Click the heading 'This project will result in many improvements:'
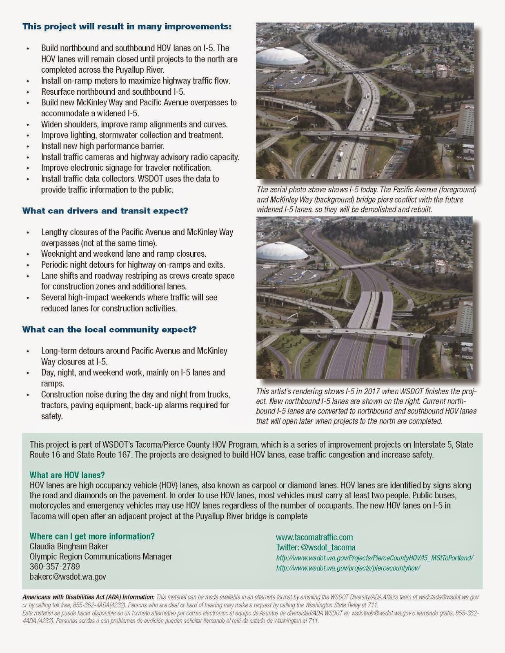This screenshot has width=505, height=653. tap(127, 27)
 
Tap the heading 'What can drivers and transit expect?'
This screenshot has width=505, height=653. tap(105, 211)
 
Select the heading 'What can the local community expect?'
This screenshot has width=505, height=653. tap(109, 329)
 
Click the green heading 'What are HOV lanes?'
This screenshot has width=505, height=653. tap(67, 475)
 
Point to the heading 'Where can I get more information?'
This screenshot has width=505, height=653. tap(92, 536)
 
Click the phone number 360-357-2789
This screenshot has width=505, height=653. tap(55, 566)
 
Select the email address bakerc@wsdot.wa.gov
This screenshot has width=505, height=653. tap(68, 577)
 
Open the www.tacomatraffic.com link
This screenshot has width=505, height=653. tap(314, 537)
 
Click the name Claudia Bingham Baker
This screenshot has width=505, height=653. tap(69, 546)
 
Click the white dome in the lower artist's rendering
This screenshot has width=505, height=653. tap(282, 252)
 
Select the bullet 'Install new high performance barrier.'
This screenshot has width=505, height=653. tap(102, 146)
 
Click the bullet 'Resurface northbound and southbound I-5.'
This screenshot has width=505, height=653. tap(113, 91)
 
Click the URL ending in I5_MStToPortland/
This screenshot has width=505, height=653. tap(374, 558)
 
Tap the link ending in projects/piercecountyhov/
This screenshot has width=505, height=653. tap(348, 568)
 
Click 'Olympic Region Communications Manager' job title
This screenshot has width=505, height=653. tap(101, 557)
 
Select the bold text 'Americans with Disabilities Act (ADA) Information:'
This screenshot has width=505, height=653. tap(88, 597)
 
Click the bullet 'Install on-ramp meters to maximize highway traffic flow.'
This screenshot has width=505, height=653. tap(136, 81)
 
